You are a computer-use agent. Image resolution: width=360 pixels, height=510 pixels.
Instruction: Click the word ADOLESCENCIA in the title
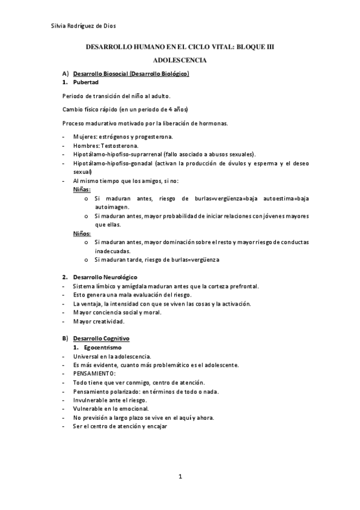(180, 60)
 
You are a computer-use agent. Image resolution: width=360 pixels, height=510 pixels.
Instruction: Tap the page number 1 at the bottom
(180, 477)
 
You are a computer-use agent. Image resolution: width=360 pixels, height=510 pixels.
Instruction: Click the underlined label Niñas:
(82, 189)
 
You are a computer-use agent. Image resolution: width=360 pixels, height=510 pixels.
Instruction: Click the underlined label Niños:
(82, 233)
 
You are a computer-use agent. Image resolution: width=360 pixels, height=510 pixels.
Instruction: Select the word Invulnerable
(91, 400)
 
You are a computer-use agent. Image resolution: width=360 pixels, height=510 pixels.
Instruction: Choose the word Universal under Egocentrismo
(87, 357)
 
